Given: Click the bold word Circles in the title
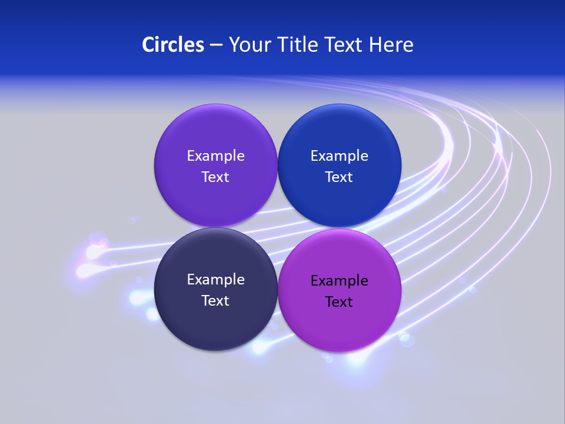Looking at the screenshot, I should point(173,45).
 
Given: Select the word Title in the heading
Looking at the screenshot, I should point(297,45).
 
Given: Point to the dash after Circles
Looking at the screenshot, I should point(216,45).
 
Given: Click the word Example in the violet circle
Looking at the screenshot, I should point(215,155).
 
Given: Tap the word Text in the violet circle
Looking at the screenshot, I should point(215,177).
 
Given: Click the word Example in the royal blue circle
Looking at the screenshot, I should point(340,155).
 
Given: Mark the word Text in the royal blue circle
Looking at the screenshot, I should point(340,177).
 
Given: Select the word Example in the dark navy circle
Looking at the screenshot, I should point(215,279).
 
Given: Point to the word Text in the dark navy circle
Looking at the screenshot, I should point(215,300).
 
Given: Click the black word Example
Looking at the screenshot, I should point(340,280).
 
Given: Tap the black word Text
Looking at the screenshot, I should point(340,302).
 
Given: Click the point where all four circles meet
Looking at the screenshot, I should point(278,227).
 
